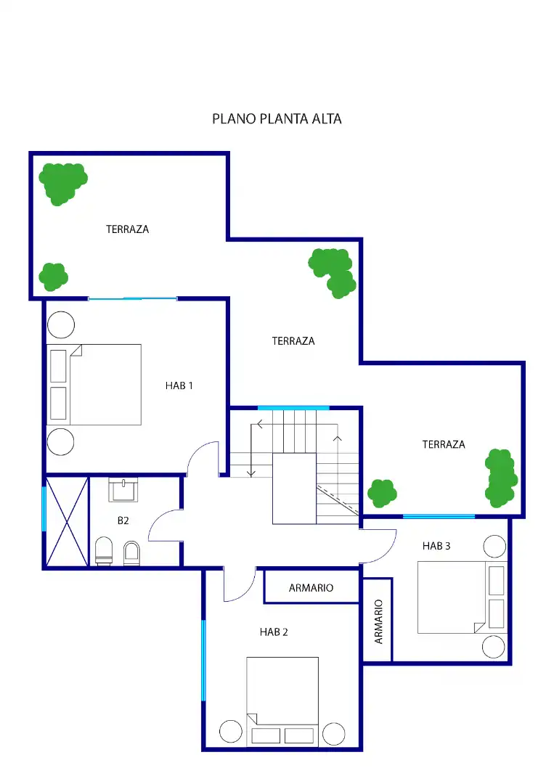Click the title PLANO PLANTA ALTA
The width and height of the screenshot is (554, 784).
pyautogui.click(x=277, y=119)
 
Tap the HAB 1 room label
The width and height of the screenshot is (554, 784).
pyautogui.click(x=179, y=385)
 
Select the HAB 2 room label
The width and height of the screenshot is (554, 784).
pyautogui.click(x=274, y=632)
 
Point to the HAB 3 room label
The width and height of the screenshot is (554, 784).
pyautogui.click(x=436, y=546)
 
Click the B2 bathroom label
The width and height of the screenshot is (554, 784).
pyautogui.click(x=123, y=520)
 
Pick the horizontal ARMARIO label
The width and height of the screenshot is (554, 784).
pyautogui.click(x=311, y=588)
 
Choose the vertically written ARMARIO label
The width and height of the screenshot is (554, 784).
pyautogui.click(x=378, y=621)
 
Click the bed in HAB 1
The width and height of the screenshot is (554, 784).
pyautogui.click(x=94, y=385)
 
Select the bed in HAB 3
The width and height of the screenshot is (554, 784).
pyautogui.click(x=463, y=597)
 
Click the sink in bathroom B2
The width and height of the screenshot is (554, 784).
pyautogui.click(x=123, y=489)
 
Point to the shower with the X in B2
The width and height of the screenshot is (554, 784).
pyautogui.click(x=67, y=521)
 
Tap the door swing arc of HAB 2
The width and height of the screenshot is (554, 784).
pyautogui.click(x=248, y=592)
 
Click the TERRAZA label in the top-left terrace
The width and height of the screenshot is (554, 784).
pyautogui.click(x=128, y=229)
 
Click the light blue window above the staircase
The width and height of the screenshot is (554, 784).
pyautogui.click(x=293, y=408)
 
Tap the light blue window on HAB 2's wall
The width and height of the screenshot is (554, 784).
pyautogui.click(x=203, y=660)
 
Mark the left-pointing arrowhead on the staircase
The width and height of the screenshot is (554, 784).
pyautogui.click(x=260, y=425)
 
